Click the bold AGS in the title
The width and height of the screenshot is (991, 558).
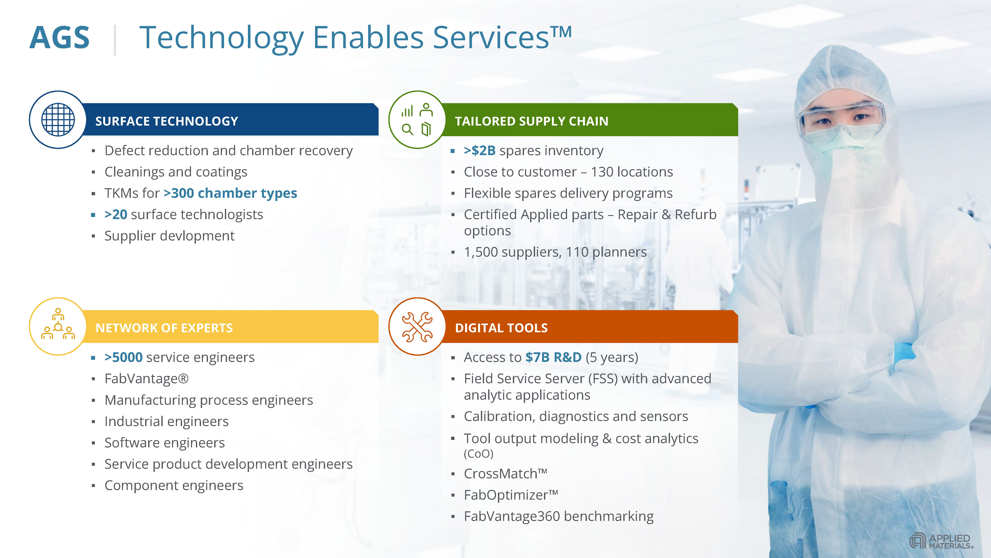pyautogui.click(x=60, y=38)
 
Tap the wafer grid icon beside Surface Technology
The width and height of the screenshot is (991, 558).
pyautogui.click(x=58, y=120)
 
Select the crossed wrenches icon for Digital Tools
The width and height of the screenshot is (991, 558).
pyautogui.click(x=417, y=327)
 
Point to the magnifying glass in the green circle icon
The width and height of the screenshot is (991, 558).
pyautogui.click(x=407, y=129)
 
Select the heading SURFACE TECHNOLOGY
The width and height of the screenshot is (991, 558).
pyautogui.click(x=166, y=121)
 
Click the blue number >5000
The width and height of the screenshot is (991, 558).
pyautogui.click(x=123, y=357)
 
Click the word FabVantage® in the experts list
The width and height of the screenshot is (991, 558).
pyautogui.click(x=147, y=379)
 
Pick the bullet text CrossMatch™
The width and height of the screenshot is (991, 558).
pyautogui.click(x=505, y=473)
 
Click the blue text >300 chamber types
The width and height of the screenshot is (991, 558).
pyautogui.click(x=230, y=193)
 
